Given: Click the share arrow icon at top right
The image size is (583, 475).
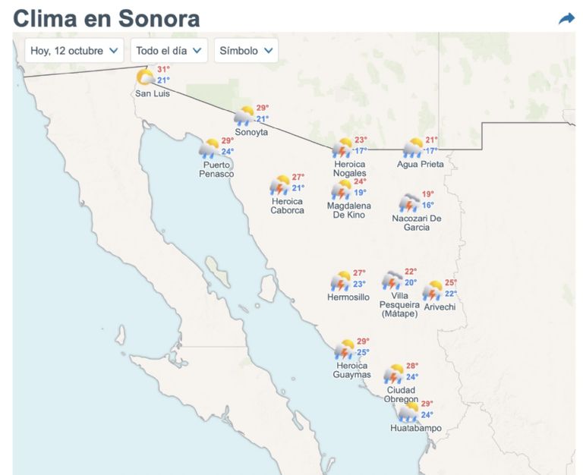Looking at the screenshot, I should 566,18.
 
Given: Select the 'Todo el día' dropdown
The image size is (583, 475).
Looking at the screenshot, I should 169,51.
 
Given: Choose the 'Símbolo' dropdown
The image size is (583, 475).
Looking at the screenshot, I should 246,51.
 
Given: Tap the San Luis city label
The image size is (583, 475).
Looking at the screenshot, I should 152,93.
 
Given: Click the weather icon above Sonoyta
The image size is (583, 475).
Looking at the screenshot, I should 244,115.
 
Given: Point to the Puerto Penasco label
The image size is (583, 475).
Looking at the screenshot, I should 217,169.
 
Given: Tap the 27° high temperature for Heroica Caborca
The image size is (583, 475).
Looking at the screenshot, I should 298,177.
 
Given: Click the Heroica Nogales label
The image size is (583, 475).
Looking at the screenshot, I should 349,168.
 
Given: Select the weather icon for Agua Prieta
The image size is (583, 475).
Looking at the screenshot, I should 412,147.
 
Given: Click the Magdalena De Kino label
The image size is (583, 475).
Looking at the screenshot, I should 349,210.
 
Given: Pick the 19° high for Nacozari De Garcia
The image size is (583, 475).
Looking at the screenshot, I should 428,194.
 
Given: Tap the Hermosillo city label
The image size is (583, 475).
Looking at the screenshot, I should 348,297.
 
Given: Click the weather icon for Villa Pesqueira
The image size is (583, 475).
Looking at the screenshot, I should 392,280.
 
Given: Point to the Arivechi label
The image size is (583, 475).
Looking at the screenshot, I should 440,307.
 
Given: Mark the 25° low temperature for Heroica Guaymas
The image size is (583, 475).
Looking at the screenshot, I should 363,352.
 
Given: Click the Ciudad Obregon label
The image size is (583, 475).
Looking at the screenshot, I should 401,395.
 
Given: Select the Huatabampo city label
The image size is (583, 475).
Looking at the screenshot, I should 416,428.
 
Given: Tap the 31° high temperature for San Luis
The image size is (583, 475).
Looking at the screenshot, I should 163,69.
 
